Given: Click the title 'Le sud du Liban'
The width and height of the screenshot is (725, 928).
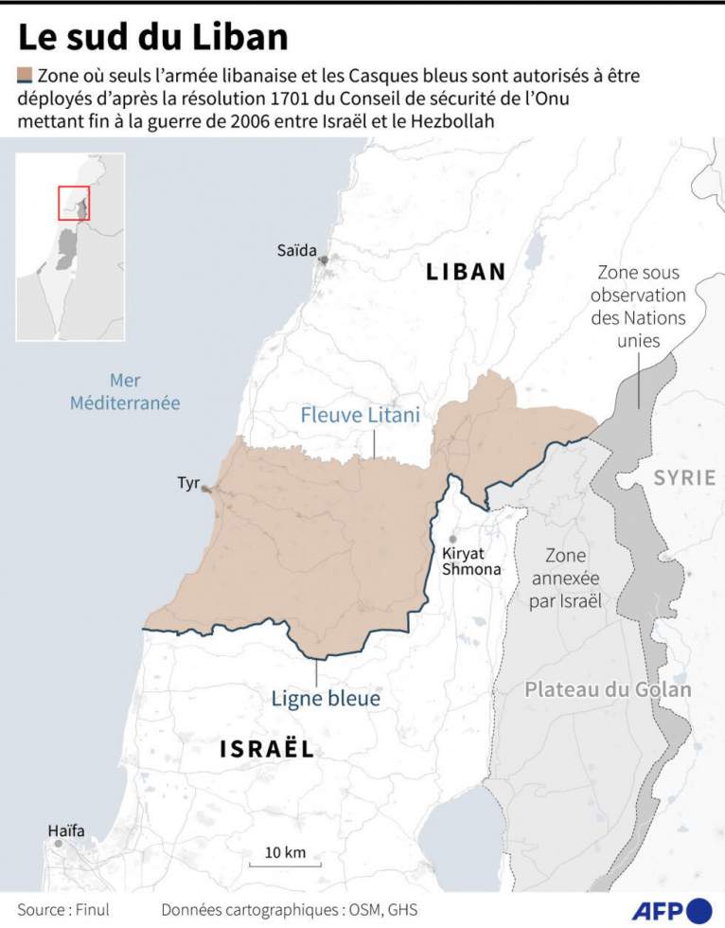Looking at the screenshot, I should tap(152, 37).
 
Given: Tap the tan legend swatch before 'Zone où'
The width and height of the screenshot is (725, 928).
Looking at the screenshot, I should tap(25, 75).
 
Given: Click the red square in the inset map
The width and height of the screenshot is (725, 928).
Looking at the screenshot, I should tap(74, 203).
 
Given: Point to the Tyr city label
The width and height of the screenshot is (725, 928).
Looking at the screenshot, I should tap(188, 484).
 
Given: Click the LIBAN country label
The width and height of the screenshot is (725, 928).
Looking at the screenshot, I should tap(466, 272).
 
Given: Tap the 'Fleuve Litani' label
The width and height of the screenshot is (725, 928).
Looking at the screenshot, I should tap(360, 415).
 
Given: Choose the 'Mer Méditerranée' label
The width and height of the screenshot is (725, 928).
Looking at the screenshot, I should tap(125, 391).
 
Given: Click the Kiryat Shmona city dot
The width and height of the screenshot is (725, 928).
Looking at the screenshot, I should tap(453, 538).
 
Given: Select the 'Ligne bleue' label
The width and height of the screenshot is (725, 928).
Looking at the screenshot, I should tap(326, 699).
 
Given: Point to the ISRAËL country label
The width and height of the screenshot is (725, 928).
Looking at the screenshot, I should tap(266, 750).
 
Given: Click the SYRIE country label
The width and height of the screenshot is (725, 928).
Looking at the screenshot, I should tap(684, 478).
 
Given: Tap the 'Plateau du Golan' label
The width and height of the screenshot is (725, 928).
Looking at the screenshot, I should tap(608, 689).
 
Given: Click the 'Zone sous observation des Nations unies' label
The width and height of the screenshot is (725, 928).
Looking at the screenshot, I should tap(638, 306).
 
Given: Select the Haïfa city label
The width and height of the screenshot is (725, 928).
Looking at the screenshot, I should tap(66, 831).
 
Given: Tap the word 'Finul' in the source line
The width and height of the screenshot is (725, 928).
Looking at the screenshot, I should tap(92, 909).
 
